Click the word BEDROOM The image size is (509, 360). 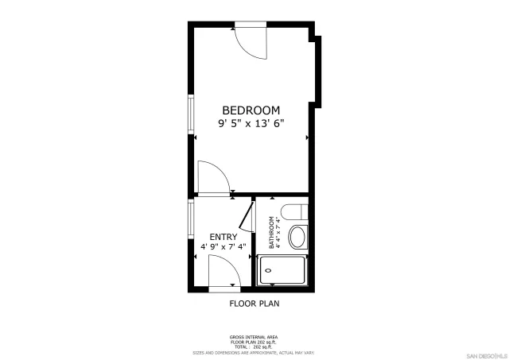[x=251, y=110]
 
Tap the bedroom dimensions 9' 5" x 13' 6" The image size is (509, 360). [x=251, y=123]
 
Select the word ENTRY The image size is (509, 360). [x=223, y=237]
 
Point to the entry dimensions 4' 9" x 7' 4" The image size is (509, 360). [x=223, y=248]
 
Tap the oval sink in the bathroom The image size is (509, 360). [x=297, y=238]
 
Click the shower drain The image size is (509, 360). [x=267, y=270]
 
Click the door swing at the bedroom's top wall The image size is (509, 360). [x=253, y=42]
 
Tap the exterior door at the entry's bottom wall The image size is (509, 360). [x=223, y=276]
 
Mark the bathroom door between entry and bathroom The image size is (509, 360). [x=247, y=218]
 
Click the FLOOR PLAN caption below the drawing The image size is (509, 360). [x=254, y=304]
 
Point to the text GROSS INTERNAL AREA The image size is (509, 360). [x=254, y=337]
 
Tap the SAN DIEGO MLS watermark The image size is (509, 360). [x=484, y=354]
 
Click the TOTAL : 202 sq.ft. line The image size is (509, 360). [x=254, y=346]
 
